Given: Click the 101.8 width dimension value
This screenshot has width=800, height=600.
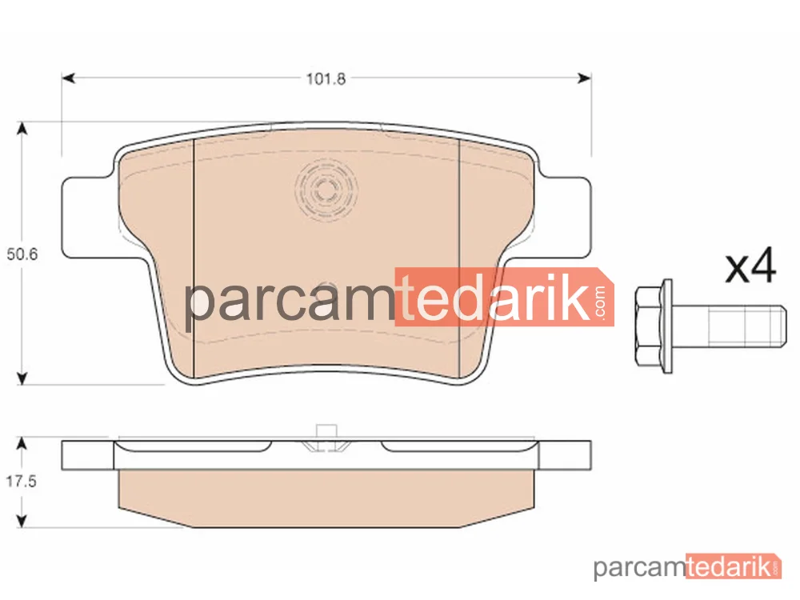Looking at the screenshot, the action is pos(326,78).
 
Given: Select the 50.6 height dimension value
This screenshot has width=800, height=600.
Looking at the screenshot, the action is pos(22,254).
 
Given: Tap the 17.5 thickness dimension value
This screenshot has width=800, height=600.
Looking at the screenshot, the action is pos(21,481).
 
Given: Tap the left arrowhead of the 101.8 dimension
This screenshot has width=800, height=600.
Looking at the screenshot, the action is pos(68,78).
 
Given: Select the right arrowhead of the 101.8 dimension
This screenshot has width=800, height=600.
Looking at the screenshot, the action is pos(585,78).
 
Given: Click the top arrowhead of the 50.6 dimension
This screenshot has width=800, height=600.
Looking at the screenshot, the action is pos(22,129).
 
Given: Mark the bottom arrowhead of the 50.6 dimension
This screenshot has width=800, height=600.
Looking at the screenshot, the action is pos(22,378).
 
